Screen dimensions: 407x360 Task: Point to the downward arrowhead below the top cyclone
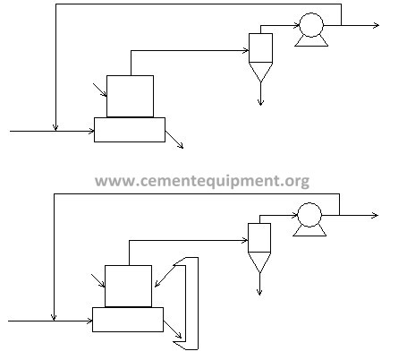point(260,103)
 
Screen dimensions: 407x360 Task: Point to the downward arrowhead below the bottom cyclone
point(259,293)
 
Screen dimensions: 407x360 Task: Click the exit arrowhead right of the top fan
point(377,25)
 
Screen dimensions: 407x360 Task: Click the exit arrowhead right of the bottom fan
point(375,215)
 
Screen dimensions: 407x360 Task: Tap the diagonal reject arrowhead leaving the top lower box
point(181,146)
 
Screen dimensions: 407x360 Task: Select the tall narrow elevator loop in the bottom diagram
point(198,304)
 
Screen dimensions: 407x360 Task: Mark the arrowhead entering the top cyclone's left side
point(246,50)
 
